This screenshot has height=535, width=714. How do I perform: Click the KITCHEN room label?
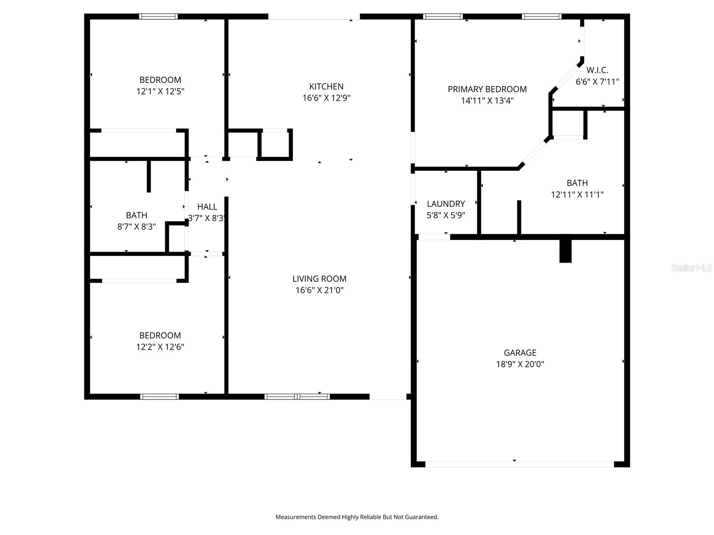pyautogui.click(x=326, y=86)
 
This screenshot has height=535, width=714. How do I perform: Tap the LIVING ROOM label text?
pyautogui.click(x=319, y=279)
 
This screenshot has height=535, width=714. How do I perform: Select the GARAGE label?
pyautogui.click(x=520, y=353)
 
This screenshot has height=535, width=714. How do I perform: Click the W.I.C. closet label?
pyautogui.click(x=597, y=70)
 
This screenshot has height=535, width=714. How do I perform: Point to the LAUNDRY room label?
pyautogui.click(x=446, y=204)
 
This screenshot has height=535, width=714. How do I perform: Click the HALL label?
pyautogui.click(x=207, y=206)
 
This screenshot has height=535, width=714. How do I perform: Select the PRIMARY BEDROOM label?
pyautogui.click(x=487, y=89)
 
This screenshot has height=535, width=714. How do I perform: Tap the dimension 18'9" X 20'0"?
pyautogui.click(x=520, y=364)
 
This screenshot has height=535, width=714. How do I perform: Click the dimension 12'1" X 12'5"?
pyautogui.click(x=160, y=91)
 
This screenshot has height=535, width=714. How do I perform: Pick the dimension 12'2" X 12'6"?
pyautogui.click(x=160, y=347)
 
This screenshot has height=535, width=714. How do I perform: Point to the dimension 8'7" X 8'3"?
pyautogui.click(x=136, y=226)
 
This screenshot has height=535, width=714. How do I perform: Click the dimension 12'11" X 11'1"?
pyautogui.click(x=577, y=194)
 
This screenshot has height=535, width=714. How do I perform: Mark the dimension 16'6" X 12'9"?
pyautogui.click(x=326, y=98)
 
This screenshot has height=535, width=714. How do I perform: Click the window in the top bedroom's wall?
pyautogui.click(x=158, y=16)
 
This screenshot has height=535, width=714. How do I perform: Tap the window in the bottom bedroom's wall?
pyautogui.click(x=159, y=396)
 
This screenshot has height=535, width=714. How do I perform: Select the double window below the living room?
pyautogui.click(x=297, y=396)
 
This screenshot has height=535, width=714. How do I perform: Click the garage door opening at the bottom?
pyautogui.click(x=519, y=464)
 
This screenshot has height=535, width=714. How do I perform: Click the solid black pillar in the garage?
pyautogui.click(x=565, y=251)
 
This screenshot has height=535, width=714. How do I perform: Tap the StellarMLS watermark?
pyautogui.click(x=691, y=267)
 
